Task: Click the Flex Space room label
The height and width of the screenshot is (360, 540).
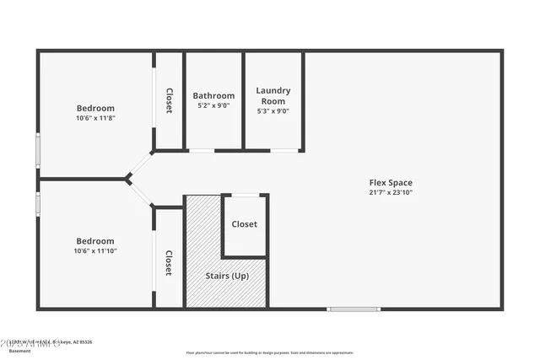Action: (x=390, y=182)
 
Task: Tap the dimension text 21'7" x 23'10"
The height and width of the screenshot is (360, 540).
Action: (x=390, y=192)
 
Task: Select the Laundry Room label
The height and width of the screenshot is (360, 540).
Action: (x=273, y=95)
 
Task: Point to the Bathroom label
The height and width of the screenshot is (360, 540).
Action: (x=213, y=95)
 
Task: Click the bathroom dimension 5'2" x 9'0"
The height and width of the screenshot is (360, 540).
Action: (x=213, y=106)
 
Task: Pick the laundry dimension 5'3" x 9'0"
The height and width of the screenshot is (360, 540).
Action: (x=273, y=111)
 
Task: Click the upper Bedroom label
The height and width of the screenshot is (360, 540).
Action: (x=95, y=108)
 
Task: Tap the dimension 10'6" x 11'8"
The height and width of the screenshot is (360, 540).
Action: (x=95, y=118)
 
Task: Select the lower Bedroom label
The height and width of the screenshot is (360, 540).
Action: (x=95, y=240)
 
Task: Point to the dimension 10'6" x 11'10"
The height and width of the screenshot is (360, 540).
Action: (x=95, y=250)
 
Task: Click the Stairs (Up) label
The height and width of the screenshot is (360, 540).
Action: (x=228, y=276)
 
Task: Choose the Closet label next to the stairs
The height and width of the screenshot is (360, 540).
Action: (x=245, y=224)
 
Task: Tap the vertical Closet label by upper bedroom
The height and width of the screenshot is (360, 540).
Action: (x=169, y=101)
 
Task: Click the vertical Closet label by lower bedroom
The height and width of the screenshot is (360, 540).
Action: (x=169, y=263)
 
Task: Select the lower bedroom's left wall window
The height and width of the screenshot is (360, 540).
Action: (x=37, y=204)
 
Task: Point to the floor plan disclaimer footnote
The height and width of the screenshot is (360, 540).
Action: (x=270, y=352)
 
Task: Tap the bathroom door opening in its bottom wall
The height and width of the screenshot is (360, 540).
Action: (x=202, y=151)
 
